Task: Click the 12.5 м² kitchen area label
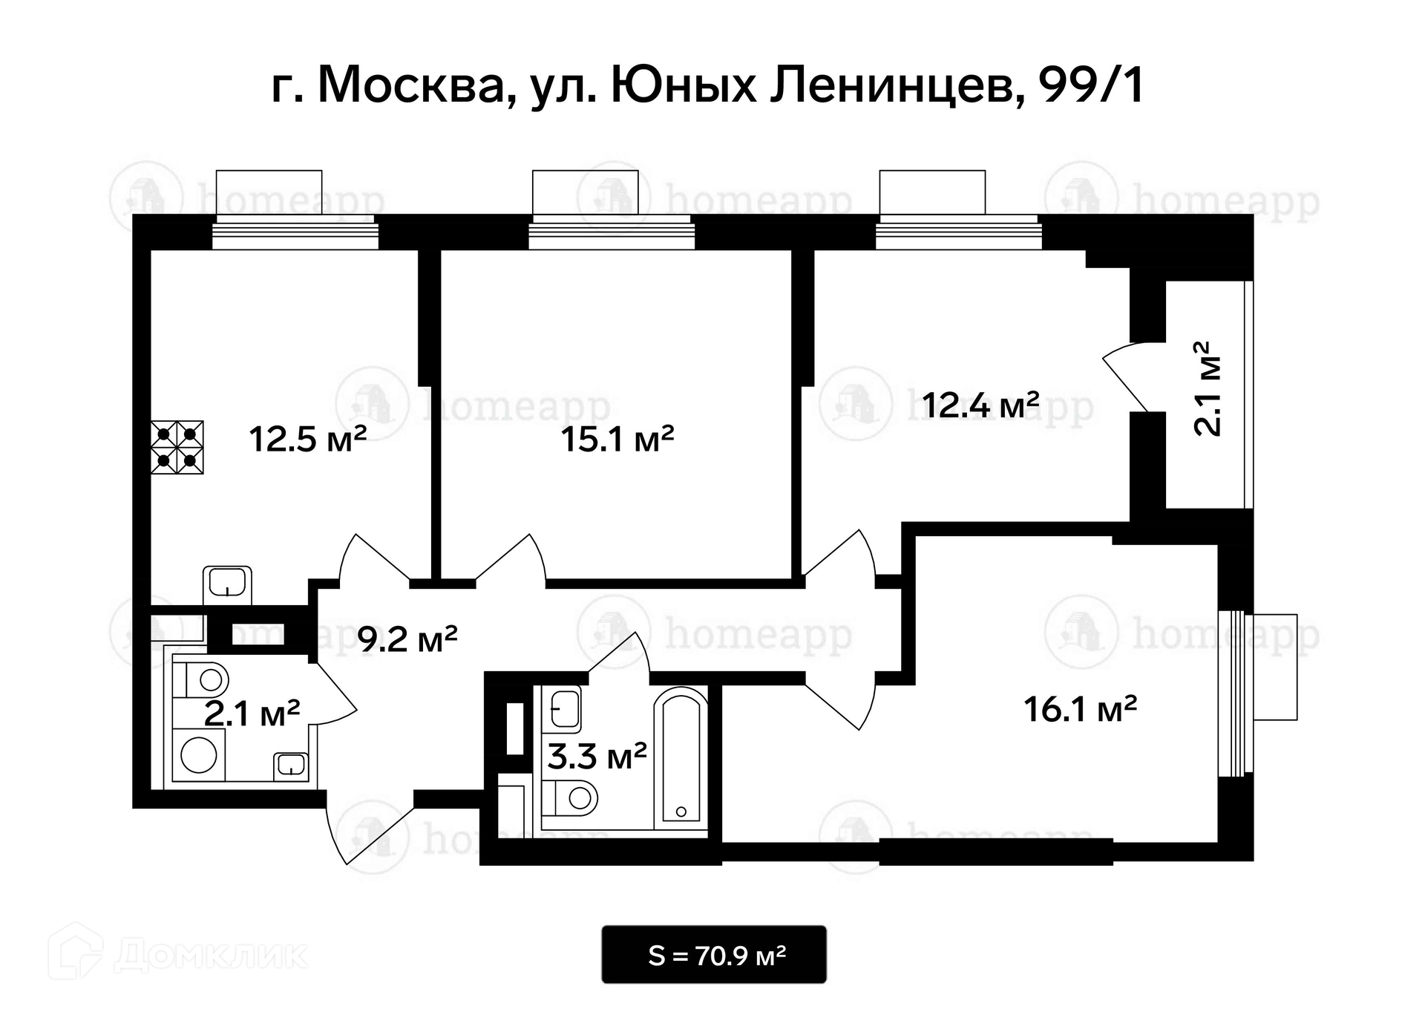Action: (308, 439)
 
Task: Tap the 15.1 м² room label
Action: (617, 439)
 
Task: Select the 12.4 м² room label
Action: (980, 405)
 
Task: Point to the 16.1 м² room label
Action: (1081, 708)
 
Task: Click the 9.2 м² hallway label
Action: (407, 638)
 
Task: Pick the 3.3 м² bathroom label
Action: (597, 757)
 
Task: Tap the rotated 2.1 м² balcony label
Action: (1207, 388)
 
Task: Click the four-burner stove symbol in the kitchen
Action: (177, 447)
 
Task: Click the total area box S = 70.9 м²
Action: (714, 954)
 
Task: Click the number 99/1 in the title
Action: (1092, 85)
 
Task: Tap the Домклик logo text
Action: (212, 955)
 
